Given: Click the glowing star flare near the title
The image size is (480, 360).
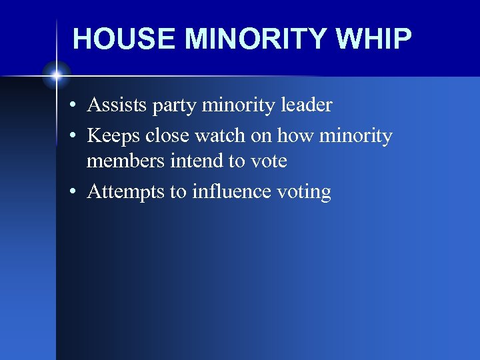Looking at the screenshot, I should (57, 75).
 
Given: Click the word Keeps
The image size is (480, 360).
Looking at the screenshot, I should (114, 136).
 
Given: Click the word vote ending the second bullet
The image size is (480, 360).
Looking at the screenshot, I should (269, 161).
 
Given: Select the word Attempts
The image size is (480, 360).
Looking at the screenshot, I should (126, 192).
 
